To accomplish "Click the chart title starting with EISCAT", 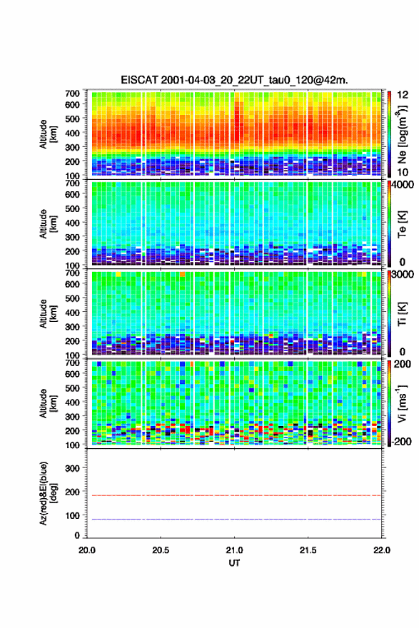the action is tap(234, 80).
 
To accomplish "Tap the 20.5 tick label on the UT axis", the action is tap(160, 550).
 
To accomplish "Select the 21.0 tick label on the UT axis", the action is tap(234, 550).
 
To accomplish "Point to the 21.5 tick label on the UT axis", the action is tap(308, 550).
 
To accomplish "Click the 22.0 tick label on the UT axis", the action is tap(381, 550).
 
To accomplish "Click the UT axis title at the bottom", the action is tap(234, 563).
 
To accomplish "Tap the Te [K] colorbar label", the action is tap(402, 224).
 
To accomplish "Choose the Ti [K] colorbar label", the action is tap(402, 313).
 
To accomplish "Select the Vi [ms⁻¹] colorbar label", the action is tap(402, 403).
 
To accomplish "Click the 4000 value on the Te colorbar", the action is tap(403, 185).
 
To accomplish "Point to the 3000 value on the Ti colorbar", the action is tap(403, 274).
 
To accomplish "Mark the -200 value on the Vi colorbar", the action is tap(400, 441).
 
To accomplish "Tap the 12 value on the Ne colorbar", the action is tap(403, 95).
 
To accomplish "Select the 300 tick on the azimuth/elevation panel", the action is tap(72, 468).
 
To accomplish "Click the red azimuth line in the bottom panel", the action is tap(234, 496).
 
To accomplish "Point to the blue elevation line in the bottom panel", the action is tap(234, 519).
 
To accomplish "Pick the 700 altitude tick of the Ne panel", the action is tap(72, 93).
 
